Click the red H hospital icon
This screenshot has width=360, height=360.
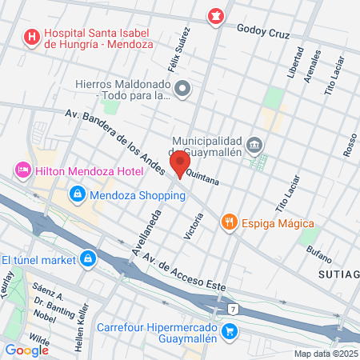(32, 36)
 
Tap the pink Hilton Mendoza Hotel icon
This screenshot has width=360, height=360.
(22, 170)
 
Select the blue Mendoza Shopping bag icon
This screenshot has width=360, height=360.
(77, 194)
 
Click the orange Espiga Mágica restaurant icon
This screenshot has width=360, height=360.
(230, 222)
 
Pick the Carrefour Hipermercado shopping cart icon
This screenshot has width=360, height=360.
(230, 330)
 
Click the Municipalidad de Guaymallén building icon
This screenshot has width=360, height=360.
(254, 145)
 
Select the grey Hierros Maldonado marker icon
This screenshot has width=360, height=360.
(183, 89)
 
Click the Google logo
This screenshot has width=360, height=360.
(26, 350)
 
